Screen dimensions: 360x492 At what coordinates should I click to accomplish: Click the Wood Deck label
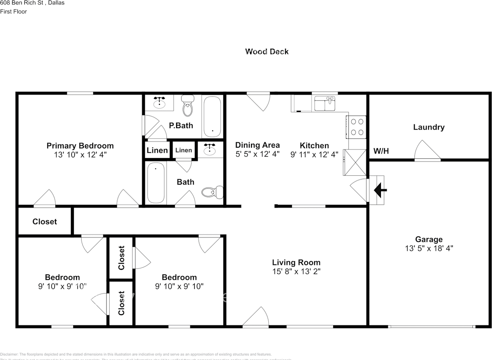pyautogui.click(x=267, y=52)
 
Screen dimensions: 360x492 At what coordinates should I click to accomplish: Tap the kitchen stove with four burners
pyautogui.click(x=357, y=127)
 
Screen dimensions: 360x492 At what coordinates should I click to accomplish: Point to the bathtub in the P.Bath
pyautogui.click(x=212, y=117)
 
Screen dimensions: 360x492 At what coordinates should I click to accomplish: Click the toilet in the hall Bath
pyautogui.click(x=213, y=192)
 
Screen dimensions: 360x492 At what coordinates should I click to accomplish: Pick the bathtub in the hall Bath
pyautogui.click(x=156, y=183)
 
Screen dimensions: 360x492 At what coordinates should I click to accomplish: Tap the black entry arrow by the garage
pyautogui.click(x=380, y=189)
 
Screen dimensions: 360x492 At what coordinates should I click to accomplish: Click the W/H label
pyautogui.click(x=381, y=151)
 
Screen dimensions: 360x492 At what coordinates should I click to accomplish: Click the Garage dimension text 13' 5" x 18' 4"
pyautogui.click(x=429, y=248)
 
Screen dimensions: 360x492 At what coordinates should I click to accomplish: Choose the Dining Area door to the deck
pyautogui.click(x=259, y=101)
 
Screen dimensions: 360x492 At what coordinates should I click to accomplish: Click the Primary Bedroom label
pyautogui.click(x=80, y=146)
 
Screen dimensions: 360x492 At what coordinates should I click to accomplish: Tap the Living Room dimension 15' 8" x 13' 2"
pyautogui.click(x=296, y=271)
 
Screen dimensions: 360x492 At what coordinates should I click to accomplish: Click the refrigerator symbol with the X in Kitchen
pyautogui.click(x=354, y=162)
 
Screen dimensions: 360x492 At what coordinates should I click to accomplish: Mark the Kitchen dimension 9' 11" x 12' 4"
pyautogui.click(x=314, y=154)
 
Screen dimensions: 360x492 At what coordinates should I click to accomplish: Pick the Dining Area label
pyautogui.click(x=257, y=145)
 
